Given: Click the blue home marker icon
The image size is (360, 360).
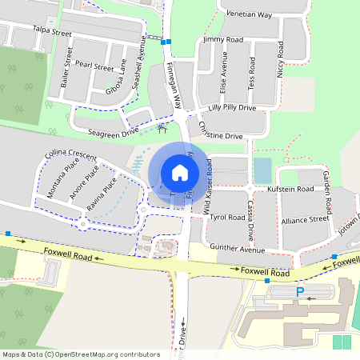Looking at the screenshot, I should click(x=179, y=172).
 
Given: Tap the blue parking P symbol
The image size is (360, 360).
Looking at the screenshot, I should click(x=301, y=293).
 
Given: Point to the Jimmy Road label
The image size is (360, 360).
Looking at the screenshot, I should click(x=223, y=39).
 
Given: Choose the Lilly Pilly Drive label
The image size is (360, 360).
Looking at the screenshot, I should click(x=232, y=107).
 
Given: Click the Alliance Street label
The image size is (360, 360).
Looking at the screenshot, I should click(x=306, y=218).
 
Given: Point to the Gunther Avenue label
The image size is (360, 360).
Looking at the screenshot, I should click(x=236, y=249).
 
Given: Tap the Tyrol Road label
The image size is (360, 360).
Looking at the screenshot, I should click(x=227, y=217).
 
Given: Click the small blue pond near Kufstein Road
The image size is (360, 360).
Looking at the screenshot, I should click(x=262, y=170).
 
